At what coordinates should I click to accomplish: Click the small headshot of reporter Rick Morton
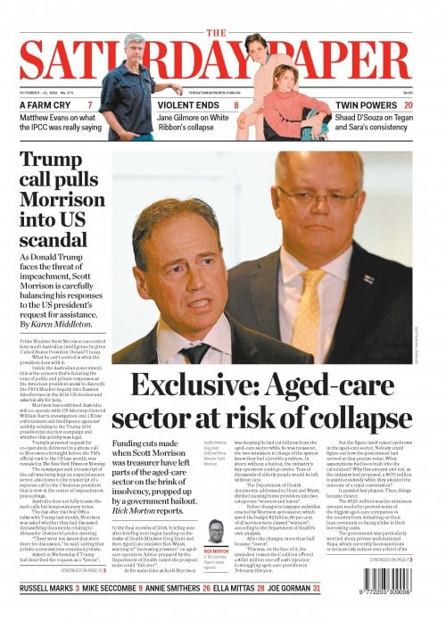(215, 530)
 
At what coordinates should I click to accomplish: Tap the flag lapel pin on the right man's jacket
(368, 279)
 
